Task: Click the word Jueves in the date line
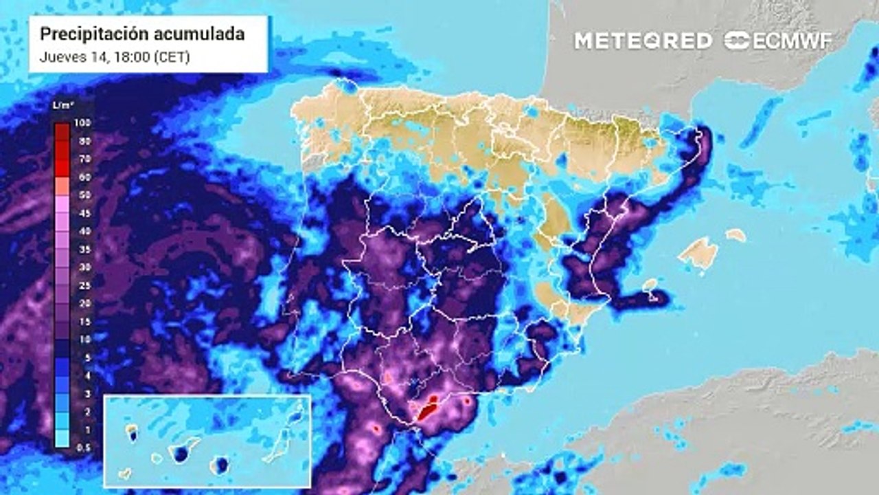(x=59, y=58)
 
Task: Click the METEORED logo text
(x=643, y=41)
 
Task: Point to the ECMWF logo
(x=778, y=41)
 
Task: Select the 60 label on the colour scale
(x=84, y=177)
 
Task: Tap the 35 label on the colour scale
(x=84, y=249)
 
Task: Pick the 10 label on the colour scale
(x=84, y=339)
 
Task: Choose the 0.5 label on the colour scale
(x=84, y=447)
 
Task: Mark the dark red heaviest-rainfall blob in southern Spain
(x=428, y=408)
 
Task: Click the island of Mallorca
(x=698, y=252)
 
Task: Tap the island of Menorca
(x=735, y=235)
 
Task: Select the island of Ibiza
(x=650, y=285)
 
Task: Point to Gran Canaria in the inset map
(x=220, y=466)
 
